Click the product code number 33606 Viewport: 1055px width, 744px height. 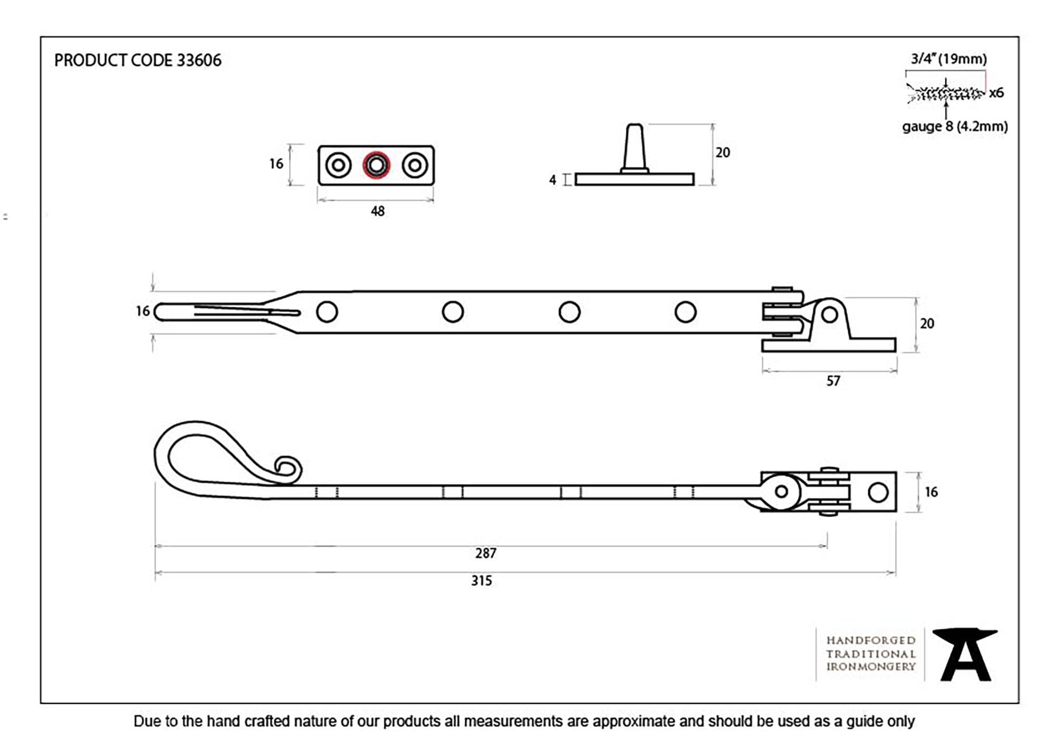pos(199,61)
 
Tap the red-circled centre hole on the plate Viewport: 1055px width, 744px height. pos(376,165)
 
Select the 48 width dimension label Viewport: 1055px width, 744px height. pos(378,211)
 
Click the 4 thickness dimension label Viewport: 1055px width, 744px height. pos(552,180)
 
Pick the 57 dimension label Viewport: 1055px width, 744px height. pos(833,381)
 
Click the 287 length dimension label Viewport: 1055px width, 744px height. pos(485,553)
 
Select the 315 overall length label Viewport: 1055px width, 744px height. pos(481,581)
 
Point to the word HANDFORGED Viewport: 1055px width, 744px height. pos(870,641)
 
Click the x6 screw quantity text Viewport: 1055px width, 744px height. pos(996,93)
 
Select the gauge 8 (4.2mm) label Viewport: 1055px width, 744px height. pos(955,127)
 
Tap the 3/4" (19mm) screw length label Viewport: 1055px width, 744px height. pos(948,59)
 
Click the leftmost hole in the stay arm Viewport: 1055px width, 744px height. pos(327,312)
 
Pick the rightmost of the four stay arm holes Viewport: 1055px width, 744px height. pos(685,312)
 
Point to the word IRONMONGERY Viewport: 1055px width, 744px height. pos(870,667)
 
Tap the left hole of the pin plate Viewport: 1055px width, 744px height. pos(338,165)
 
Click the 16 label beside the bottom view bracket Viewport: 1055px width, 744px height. pos(931,492)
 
